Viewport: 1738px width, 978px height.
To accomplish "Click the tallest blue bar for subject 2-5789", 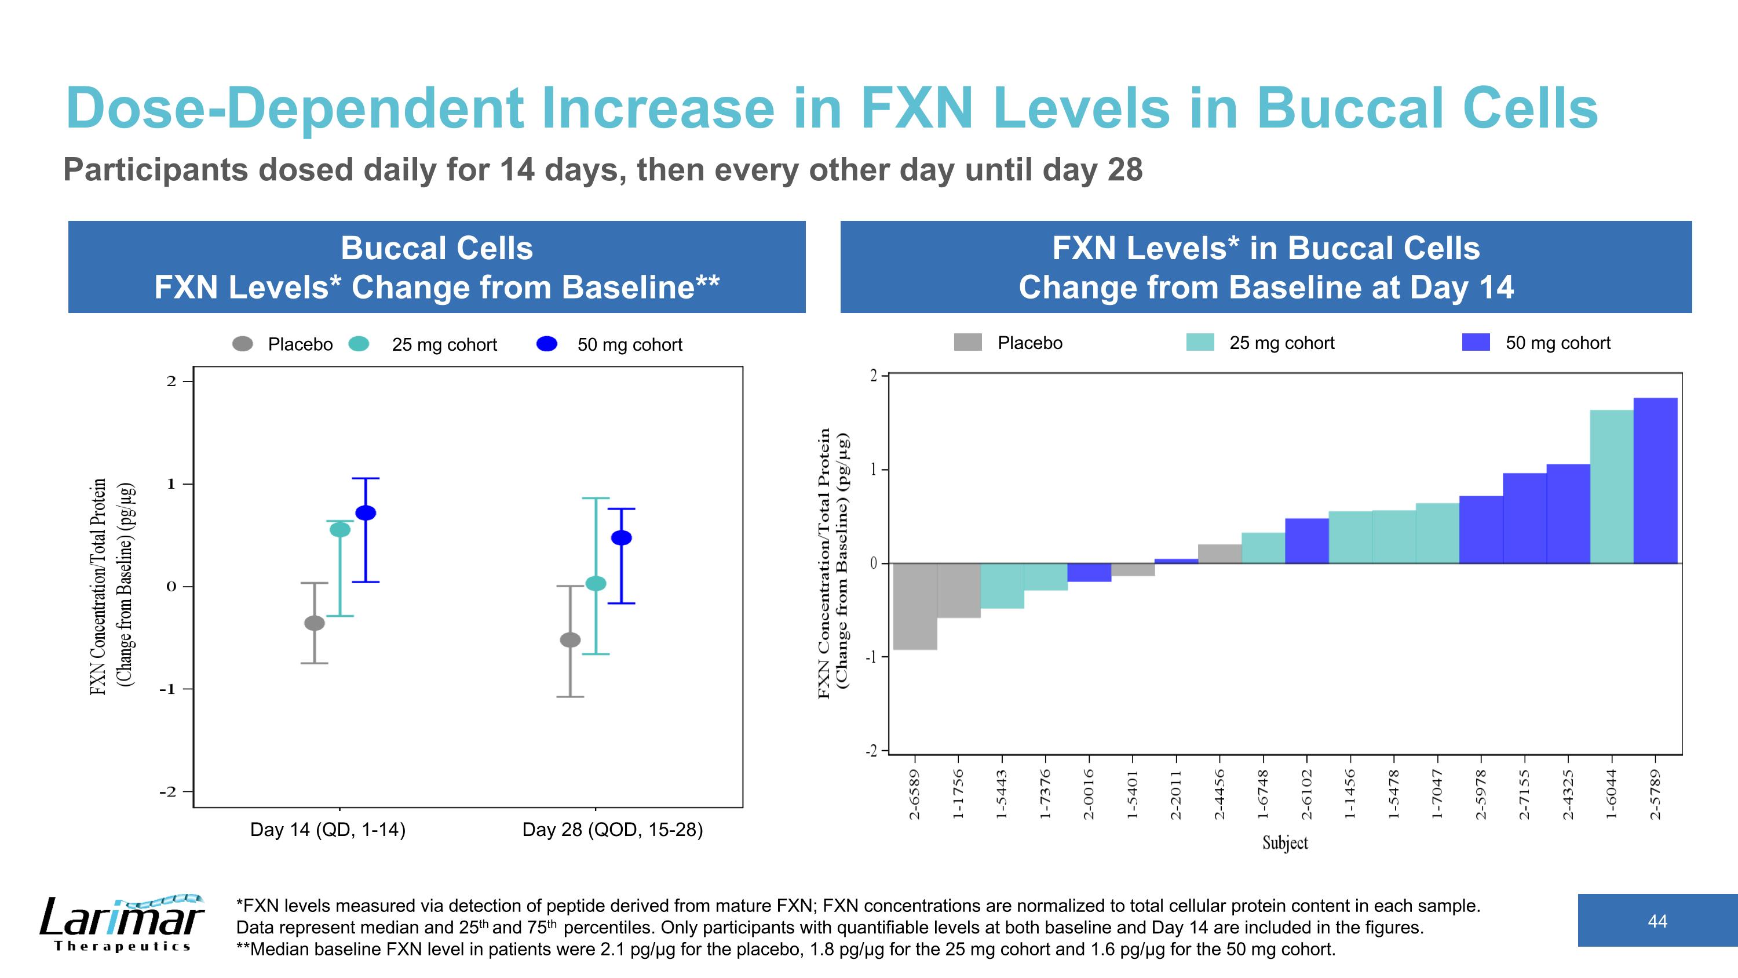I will pos(1655,480).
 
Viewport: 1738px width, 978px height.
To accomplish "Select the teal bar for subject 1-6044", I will pos(1611,486).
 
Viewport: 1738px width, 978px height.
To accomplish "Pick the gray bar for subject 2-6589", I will pos(915,605).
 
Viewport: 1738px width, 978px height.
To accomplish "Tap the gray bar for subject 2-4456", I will pos(1220,554).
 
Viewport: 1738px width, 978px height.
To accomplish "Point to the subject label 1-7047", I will pos(1437,794).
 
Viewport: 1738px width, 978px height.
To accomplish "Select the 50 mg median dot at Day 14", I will pos(365,513).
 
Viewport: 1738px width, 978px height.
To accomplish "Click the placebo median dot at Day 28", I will pos(570,640).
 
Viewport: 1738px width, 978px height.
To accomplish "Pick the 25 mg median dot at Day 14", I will pos(339,530).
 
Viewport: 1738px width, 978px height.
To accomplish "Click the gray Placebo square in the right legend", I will pos(967,343).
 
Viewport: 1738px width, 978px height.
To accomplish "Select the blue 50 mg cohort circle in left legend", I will pos(546,344).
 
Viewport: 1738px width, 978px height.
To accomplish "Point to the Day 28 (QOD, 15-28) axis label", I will pos(612,830).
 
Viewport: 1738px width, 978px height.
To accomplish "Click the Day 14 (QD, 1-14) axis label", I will pos(328,830).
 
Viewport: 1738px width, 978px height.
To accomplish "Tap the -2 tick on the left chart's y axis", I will pos(167,792).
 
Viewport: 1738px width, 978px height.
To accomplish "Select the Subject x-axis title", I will pos(1284,842).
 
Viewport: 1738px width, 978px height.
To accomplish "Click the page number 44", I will pos(1657,921).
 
